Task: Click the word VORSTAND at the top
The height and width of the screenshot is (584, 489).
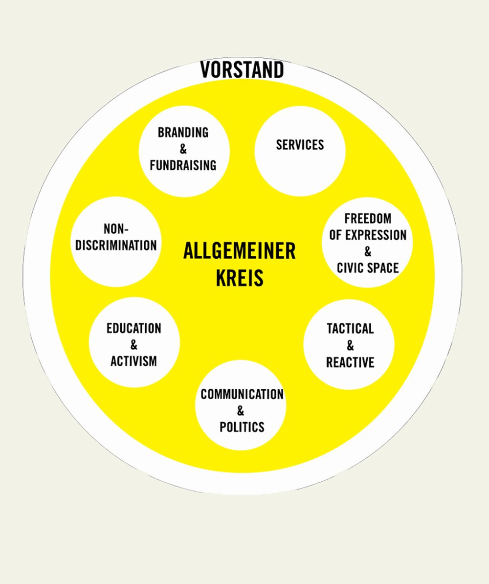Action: (x=242, y=70)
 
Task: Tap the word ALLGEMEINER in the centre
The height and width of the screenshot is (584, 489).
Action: (x=239, y=251)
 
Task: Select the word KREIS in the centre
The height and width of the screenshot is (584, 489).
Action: (x=240, y=278)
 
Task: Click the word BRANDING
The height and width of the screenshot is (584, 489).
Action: (x=183, y=133)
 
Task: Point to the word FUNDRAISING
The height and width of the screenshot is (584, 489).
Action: (x=183, y=165)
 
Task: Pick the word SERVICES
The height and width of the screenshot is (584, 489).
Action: (x=300, y=145)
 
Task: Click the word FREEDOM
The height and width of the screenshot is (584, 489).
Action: (x=368, y=219)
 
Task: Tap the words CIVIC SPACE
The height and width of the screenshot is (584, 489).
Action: (x=368, y=268)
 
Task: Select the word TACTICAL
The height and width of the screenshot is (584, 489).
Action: (x=350, y=329)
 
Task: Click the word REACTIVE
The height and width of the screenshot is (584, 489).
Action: (x=350, y=362)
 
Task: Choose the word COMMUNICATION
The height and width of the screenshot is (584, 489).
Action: (x=242, y=394)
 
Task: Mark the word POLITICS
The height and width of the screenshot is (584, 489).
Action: (x=242, y=427)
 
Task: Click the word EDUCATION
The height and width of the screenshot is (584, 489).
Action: (x=134, y=328)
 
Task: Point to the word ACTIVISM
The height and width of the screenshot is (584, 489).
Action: (x=133, y=361)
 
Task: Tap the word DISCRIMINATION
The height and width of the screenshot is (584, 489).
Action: (x=116, y=245)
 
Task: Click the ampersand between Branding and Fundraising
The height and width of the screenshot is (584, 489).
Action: (x=183, y=149)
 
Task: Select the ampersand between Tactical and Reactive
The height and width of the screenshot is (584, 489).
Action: (x=350, y=346)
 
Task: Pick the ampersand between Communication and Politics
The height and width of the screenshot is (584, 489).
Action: (x=240, y=411)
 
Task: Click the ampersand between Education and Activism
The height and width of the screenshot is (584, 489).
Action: (x=134, y=345)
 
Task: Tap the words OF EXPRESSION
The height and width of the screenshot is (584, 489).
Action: (x=368, y=235)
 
